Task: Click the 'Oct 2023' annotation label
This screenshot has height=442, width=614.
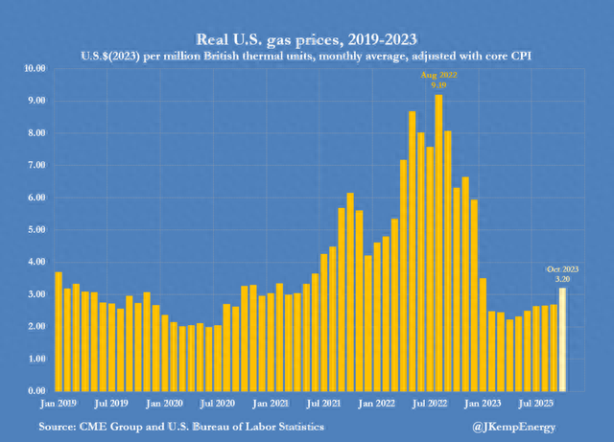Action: coord(563,268)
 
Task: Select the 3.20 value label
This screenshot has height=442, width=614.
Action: coord(563,278)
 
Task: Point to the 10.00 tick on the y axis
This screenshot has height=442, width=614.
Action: coord(35,69)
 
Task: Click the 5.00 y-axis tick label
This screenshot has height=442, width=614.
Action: coord(36,230)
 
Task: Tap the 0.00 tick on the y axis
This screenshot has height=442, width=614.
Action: coord(36,391)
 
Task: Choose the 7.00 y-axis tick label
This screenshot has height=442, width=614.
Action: coord(36,166)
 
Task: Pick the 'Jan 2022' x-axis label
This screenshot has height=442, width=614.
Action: coord(379,405)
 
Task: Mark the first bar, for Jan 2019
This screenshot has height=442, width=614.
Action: coord(59,331)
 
